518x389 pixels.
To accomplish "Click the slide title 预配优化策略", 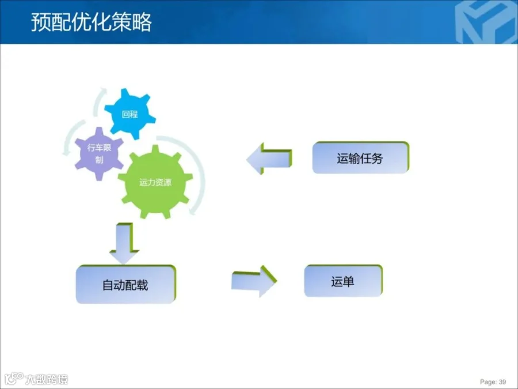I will (x=91, y=22).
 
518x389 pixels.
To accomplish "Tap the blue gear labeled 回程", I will (x=131, y=114).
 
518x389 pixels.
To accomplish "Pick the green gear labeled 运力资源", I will (x=155, y=182).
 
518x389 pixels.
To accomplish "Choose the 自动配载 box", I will (x=125, y=285).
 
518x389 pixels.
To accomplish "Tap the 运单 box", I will (x=342, y=282).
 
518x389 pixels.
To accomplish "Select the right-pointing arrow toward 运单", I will (x=254, y=281).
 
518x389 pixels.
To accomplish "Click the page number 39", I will (x=502, y=382).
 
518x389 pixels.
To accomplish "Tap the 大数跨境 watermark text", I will (x=46, y=379).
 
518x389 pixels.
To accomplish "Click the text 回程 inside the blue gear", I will (x=130, y=114).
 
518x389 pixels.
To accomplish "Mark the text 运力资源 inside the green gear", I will (x=155, y=183).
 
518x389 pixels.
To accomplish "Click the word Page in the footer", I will (x=487, y=382).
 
